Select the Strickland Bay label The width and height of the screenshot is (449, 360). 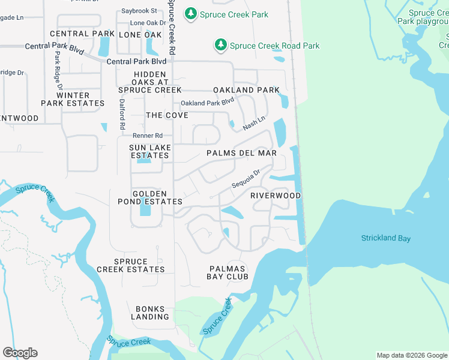pos(385,238)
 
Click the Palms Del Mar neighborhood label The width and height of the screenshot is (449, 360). pos(241,153)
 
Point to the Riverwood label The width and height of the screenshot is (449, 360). pos(276,196)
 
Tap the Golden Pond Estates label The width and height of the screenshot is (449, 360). pos(149,197)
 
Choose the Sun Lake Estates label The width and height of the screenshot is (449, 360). pos(150,151)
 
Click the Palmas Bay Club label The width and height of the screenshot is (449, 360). pos(229,272)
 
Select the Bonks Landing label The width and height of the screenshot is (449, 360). pos(149,313)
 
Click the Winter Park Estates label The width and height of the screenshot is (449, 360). pos(73,99)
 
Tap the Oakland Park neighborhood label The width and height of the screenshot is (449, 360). pos(246,90)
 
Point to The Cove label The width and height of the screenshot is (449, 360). pos(167,115)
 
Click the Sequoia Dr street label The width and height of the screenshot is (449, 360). pos(246,178)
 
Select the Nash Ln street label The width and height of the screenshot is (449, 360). pos(254,124)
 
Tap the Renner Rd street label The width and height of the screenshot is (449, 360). pos(148,136)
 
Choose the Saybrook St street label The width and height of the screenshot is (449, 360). pos(139,11)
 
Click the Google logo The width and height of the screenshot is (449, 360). pos(20,353)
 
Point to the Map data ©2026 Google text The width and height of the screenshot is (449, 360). pos(411,355)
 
